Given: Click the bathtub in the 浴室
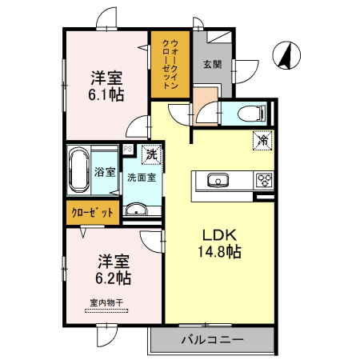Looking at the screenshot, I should click(x=78, y=170).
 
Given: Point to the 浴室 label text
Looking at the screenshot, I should click(x=105, y=172).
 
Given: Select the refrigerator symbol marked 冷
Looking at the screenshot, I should click(x=262, y=140).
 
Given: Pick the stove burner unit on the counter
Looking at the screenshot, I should click(x=265, y=180).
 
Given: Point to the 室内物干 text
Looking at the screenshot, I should click(x=106, y=303).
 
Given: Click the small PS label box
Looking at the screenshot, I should click(x=127, y=148).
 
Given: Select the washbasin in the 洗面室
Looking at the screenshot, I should click(x=136, y=210).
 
